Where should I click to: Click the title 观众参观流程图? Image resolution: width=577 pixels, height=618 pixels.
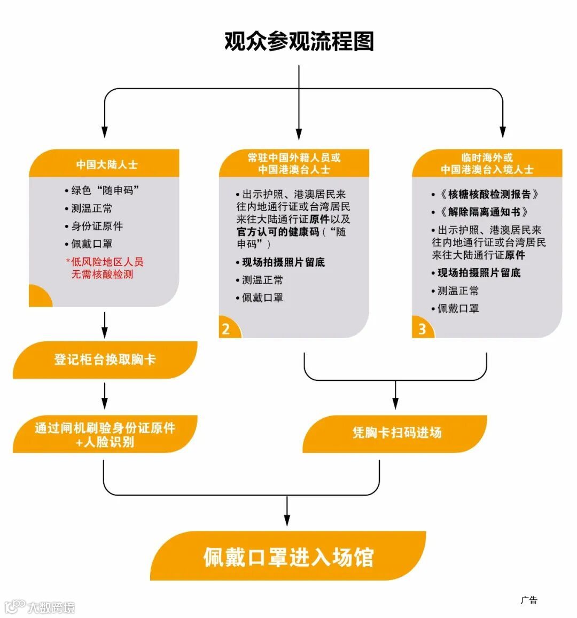click(x=299, y=42)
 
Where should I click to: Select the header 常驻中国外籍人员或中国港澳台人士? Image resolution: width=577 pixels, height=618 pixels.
click(x=294, y=163)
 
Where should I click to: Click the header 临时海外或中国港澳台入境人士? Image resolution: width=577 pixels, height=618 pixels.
click(x=487, y=163)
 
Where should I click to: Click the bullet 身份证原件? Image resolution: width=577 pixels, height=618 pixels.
click(x=97, y=226)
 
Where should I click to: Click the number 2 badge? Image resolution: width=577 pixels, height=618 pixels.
click(x=226, y=328)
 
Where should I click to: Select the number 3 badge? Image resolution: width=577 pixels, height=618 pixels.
click(x=422, y=328)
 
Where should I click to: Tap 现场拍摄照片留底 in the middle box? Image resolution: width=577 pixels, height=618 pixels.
click(x=283, y=262)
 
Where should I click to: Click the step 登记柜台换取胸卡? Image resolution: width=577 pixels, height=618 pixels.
click(x=105, y=359)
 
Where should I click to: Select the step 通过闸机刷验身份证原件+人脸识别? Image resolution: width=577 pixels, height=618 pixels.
click(x=105, y=435)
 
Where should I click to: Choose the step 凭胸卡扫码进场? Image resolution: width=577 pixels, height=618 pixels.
click(x=396, y=433)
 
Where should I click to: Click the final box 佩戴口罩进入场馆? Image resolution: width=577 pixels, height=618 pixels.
click(x=288, y=557)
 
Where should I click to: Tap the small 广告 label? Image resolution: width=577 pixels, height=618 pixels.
click(x=529, y=600)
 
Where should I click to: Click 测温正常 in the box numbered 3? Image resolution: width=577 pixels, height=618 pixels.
click(x=458, y=291)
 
